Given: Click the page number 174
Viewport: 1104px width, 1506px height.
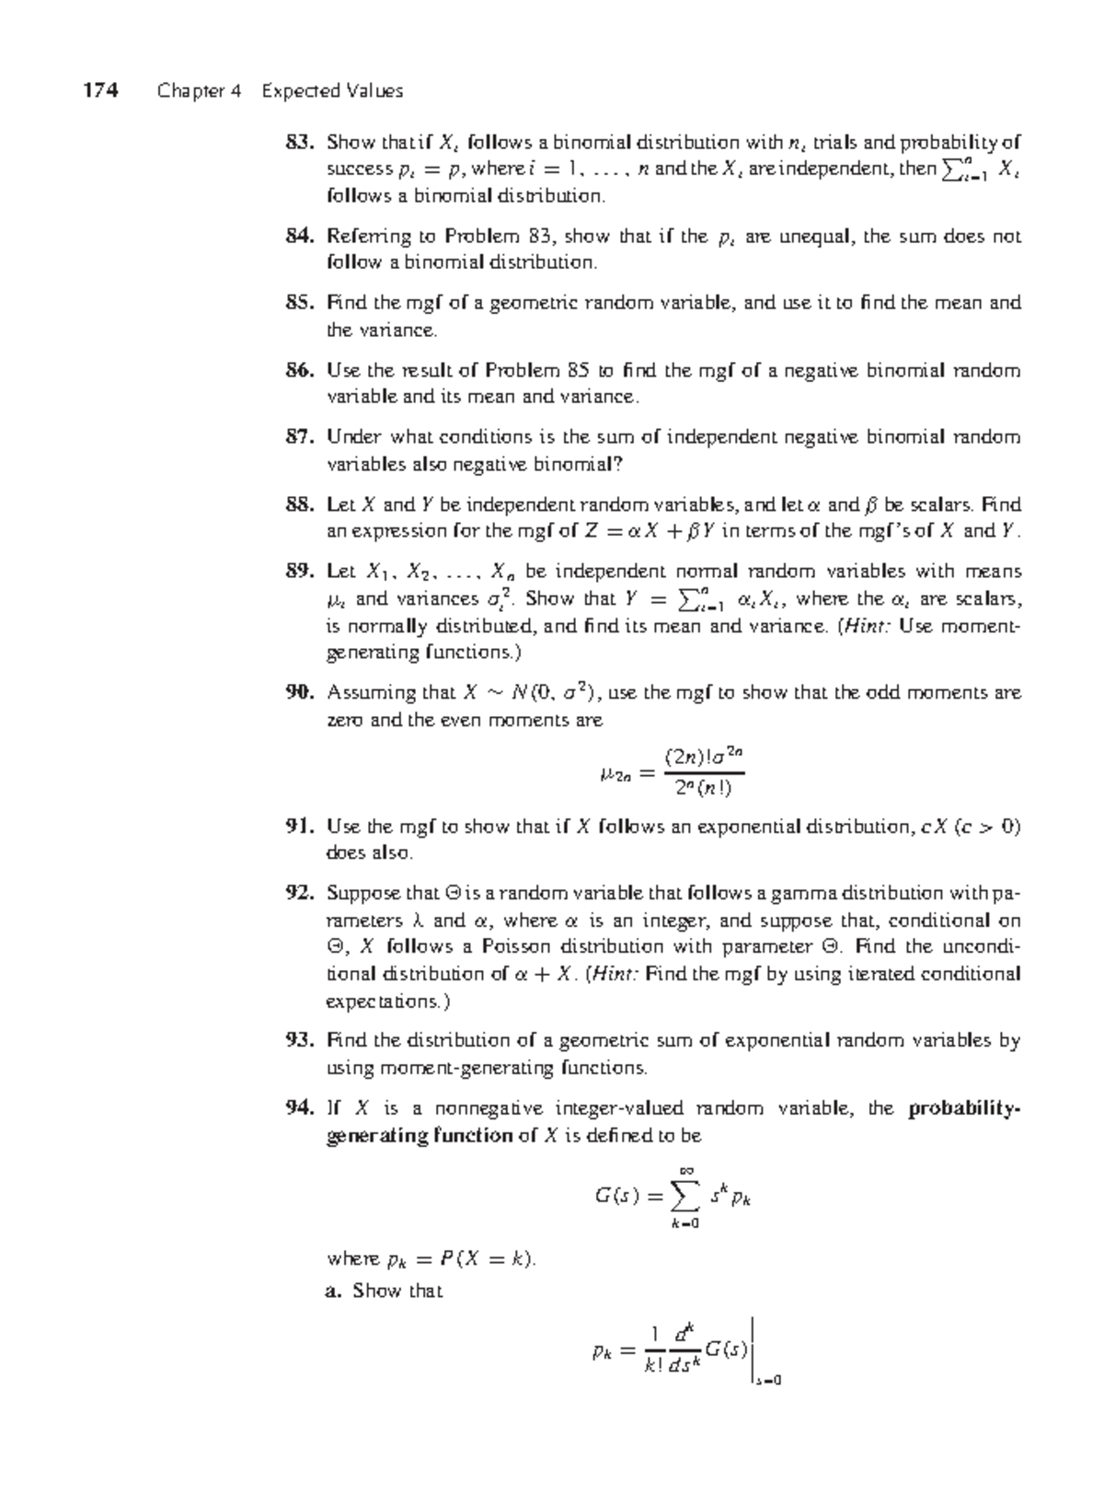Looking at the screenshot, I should tap(100, 90).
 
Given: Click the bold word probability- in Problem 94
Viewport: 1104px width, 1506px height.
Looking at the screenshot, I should tap(964, 1108).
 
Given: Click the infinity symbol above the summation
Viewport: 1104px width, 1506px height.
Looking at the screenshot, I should tap(685, 1170).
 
